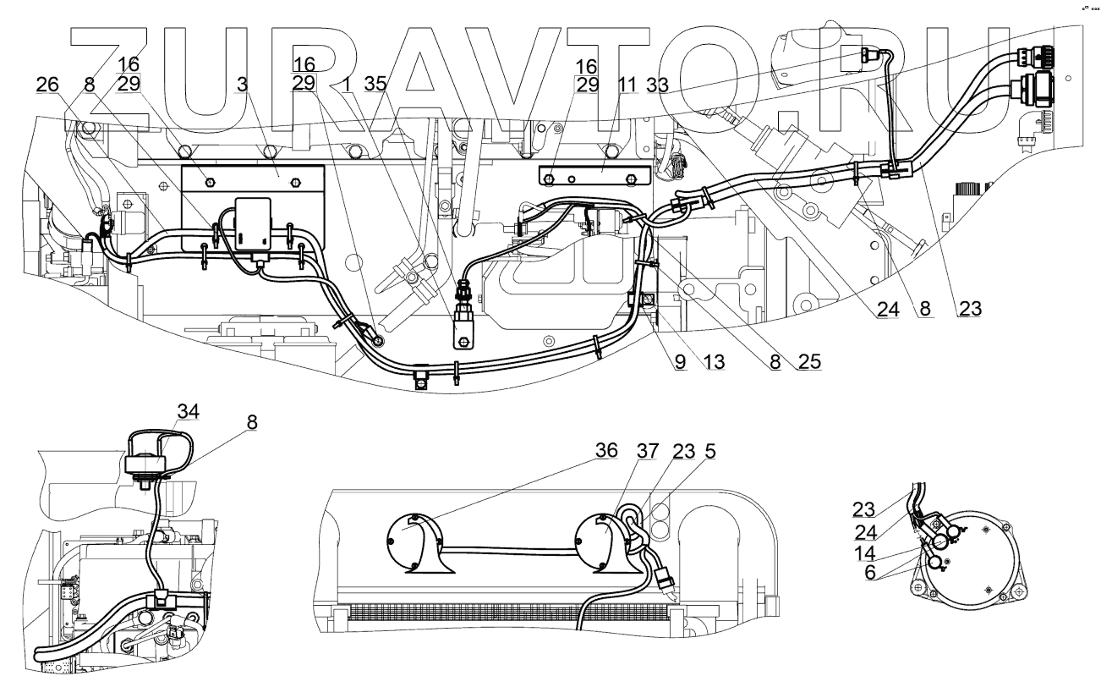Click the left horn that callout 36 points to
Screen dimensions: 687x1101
point(414,543)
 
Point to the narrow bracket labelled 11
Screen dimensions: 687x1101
point(592,179)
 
